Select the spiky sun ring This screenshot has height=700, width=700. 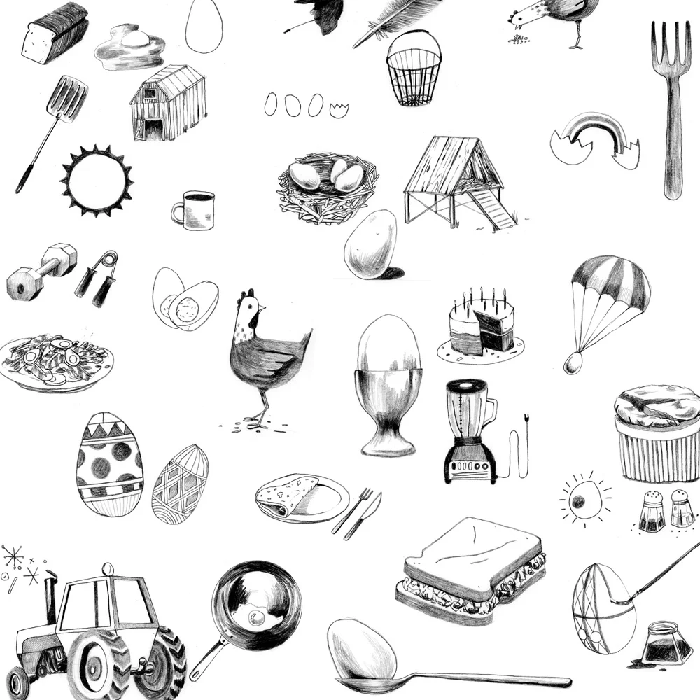pos(97,181)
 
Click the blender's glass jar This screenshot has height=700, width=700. pos(468,413)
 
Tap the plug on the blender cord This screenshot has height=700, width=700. pos(525,422)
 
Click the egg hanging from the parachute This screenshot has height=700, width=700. pos(573,362)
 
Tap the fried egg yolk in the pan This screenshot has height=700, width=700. pos(256,617)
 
